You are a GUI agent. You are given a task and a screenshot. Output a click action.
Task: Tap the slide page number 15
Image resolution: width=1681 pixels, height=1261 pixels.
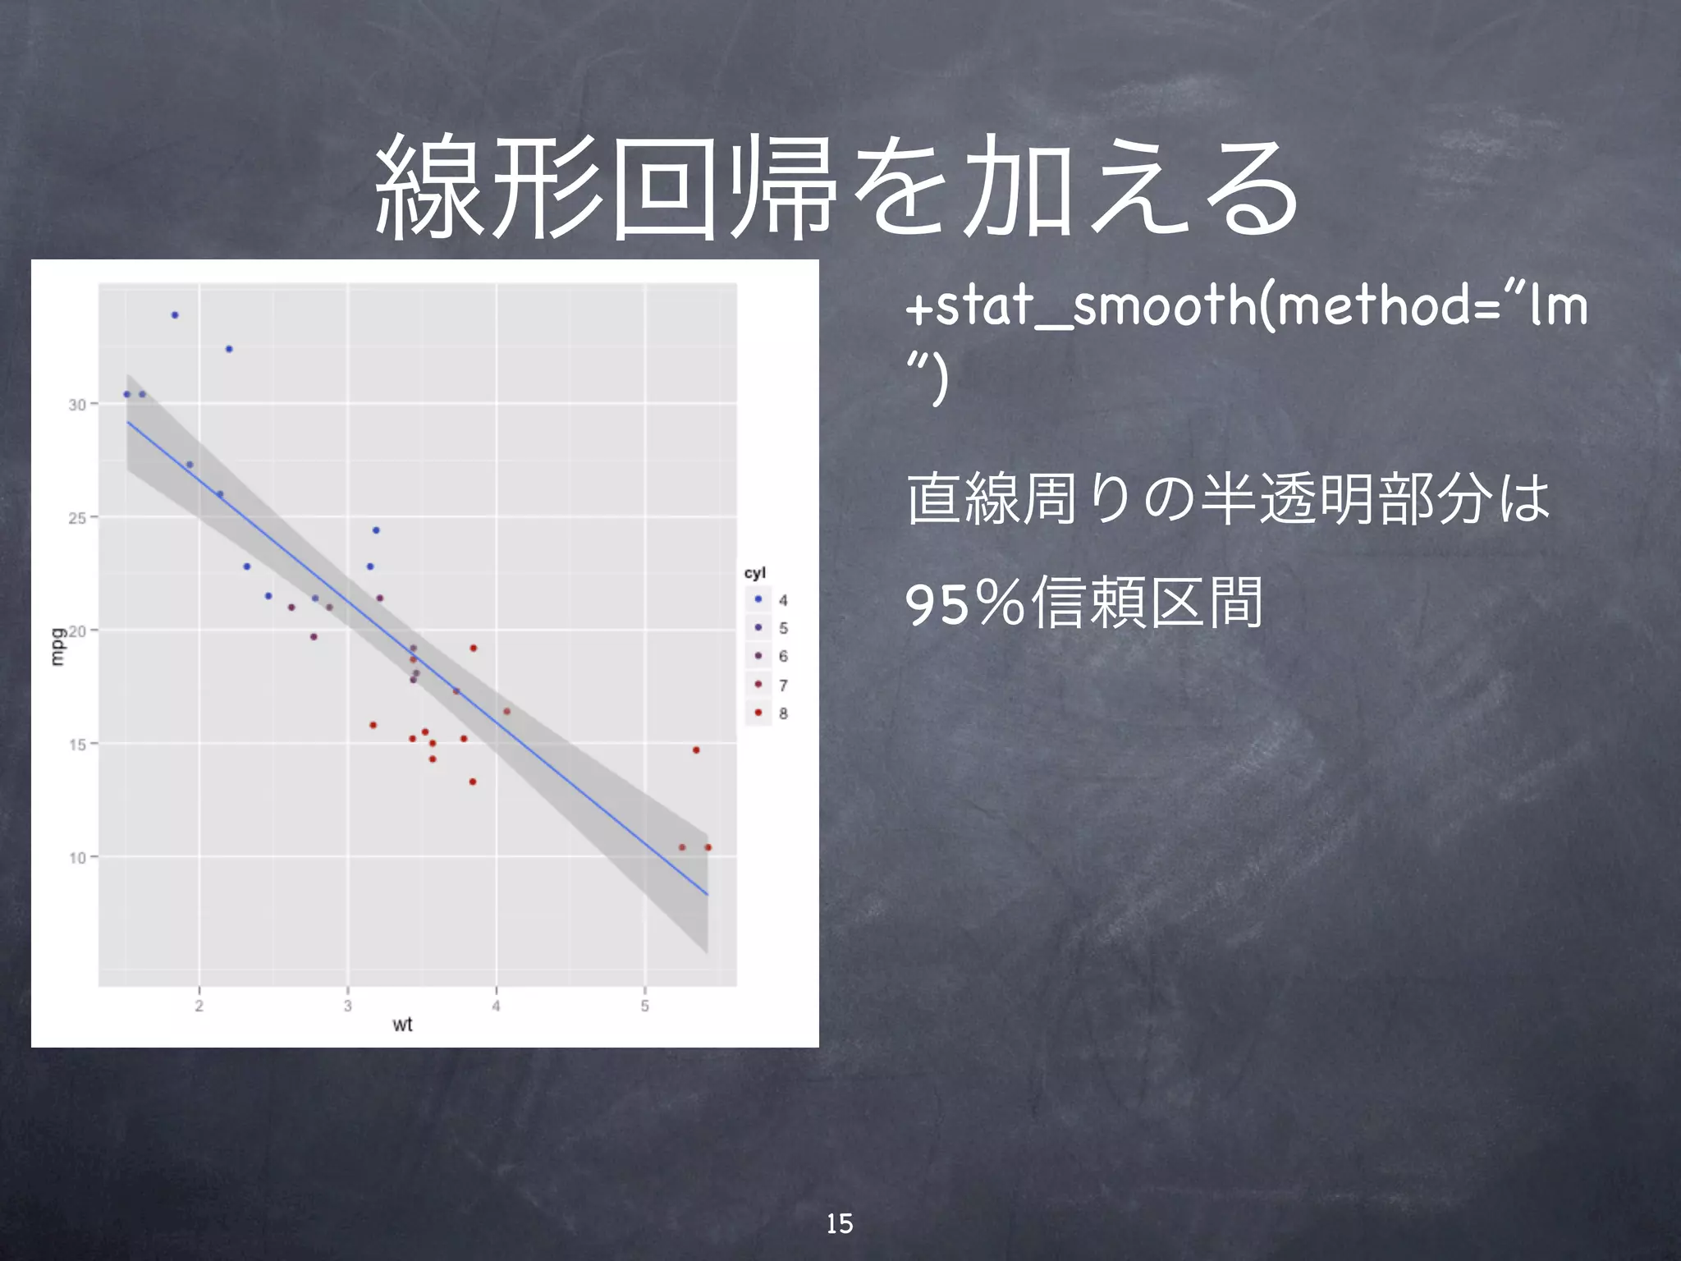[839, 1224]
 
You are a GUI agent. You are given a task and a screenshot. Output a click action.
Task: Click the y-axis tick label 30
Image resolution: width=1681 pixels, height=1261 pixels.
[77, 405]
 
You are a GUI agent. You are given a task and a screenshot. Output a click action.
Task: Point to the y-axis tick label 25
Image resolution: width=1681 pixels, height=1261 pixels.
[77, 518]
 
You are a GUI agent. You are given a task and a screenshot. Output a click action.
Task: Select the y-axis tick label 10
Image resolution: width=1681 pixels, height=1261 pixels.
[77, 858]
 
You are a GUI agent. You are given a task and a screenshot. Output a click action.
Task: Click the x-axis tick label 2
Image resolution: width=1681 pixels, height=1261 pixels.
[199, 1006]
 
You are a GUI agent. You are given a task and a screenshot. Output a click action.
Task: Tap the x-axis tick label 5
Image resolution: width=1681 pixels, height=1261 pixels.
[645, 1006]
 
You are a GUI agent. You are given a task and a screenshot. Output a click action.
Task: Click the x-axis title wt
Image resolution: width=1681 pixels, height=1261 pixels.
[402, 1025]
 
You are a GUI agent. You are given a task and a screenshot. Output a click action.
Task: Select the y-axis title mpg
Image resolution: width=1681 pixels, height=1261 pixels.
[57, 647]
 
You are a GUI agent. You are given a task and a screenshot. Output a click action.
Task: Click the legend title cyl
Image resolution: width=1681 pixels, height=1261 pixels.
[754, 573]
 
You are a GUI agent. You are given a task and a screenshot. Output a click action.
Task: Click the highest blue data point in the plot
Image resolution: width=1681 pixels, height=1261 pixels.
[175, 315]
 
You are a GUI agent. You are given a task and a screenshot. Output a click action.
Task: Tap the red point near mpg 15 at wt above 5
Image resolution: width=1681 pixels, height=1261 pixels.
[696, 750]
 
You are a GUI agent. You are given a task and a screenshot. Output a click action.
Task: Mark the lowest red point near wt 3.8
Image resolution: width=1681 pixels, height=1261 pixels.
[473, 782]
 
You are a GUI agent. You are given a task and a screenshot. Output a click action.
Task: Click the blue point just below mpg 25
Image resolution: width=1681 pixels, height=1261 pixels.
[376, 530]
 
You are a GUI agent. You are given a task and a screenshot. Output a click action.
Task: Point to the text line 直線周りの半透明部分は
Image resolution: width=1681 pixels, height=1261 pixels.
[1228, 499]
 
